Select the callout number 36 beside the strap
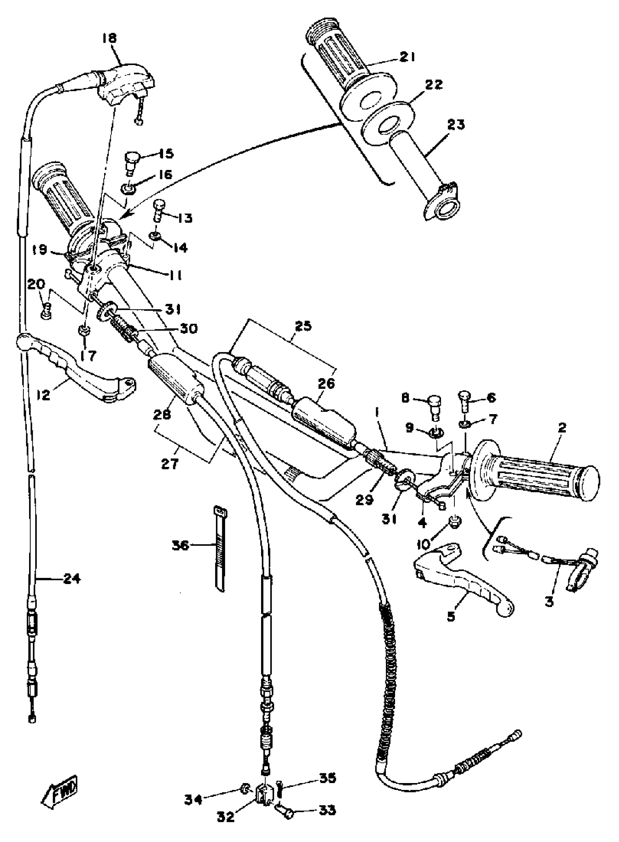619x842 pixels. (x=180, y=545)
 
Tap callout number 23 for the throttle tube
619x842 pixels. (x=456, y=125)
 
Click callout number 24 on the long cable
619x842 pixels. (x=72, y=580)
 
